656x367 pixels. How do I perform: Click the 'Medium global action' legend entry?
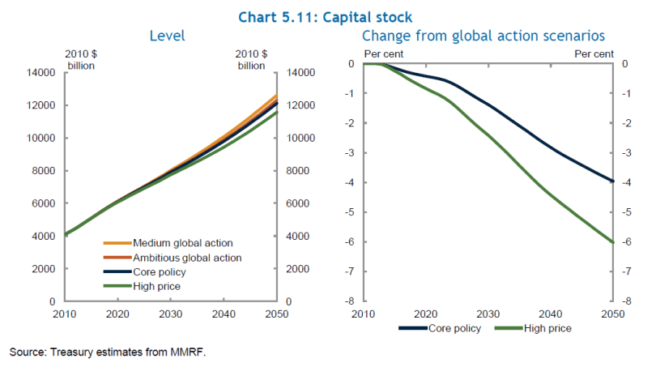(182, 242)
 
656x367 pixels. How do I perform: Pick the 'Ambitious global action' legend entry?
(187, 257)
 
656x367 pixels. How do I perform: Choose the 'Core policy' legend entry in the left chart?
(160, 271)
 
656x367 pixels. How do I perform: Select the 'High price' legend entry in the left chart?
(156, 286)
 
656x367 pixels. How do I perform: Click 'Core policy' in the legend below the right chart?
(453, 328)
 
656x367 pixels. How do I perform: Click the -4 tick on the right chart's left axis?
(351, 182)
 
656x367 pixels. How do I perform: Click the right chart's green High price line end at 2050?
(612, 241)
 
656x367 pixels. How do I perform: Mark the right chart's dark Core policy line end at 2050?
(612, 181)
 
